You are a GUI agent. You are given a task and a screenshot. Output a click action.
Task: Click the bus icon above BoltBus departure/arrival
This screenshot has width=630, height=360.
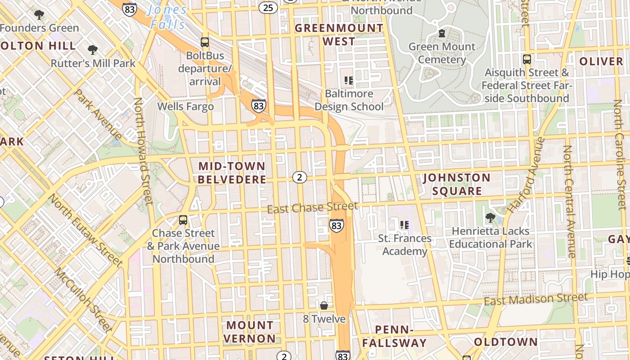(x=205, y=42)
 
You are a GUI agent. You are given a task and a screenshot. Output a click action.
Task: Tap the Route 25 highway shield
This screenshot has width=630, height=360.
(x=268, y=7)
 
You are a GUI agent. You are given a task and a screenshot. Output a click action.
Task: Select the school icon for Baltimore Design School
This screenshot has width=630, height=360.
(x=349, y=81)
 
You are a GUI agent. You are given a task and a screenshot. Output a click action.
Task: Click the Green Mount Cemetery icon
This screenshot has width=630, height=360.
(x=441, y=33)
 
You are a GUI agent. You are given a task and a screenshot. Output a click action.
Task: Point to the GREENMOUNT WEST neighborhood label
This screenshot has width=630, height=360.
(x=339, y=35)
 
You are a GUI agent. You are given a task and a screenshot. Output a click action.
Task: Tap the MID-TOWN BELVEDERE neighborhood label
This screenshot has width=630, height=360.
(x=232, y=173)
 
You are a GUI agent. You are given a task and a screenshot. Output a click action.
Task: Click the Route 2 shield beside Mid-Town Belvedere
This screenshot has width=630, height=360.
(x=300, y=177)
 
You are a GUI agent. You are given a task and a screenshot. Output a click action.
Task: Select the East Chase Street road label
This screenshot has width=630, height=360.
(x=313, y=207)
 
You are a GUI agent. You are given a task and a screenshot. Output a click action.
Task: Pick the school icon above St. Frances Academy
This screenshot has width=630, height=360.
(x=404, y=225)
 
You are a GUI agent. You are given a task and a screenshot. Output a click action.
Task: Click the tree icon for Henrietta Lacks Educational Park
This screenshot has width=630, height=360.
(x=490, y=218)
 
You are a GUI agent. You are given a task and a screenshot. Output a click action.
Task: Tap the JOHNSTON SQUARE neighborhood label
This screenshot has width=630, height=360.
(x=457, y=184)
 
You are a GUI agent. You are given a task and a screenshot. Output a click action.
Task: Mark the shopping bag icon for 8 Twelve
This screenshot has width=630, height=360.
(x=324, y=306)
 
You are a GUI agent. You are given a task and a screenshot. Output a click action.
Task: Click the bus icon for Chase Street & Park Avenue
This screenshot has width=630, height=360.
(x=183, y=220)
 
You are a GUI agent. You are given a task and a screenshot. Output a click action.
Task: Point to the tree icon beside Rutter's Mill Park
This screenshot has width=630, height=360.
(x=93, y=49)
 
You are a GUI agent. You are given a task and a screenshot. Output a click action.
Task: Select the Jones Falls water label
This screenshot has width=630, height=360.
(x=167, y=17)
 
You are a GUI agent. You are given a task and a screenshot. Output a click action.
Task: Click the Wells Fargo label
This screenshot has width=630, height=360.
(x=185, y=107)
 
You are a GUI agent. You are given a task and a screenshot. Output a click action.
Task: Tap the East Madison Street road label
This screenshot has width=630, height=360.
(x=535, y=299)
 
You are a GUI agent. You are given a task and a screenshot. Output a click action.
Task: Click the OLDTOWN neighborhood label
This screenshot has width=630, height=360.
(x=506, y=342)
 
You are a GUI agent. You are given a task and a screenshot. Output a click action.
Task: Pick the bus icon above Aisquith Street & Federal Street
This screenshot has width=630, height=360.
(x=526, y=59)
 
